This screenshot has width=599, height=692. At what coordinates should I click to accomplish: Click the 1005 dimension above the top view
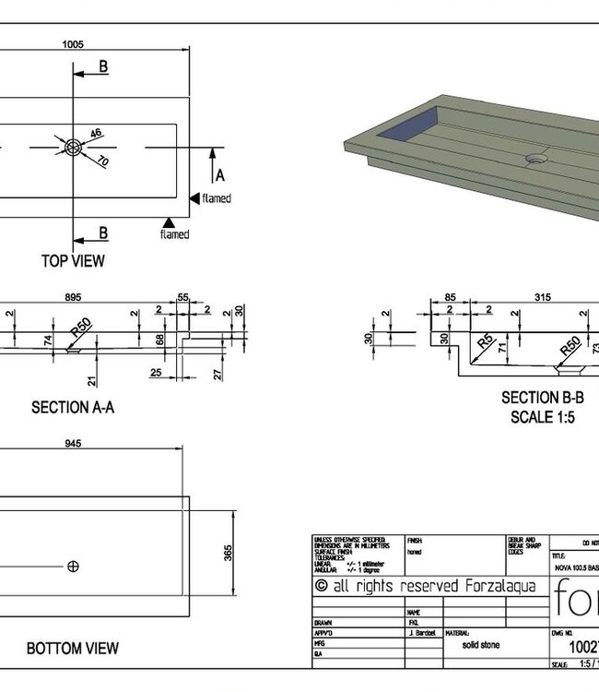tap(74, 43)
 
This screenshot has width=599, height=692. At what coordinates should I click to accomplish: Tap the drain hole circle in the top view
tap(74, 147)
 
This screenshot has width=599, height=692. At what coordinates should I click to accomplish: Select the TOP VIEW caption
tap(73, 261)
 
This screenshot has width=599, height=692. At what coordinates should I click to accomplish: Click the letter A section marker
tap(219, 175)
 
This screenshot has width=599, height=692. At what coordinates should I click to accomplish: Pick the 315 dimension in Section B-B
tap(543, 296)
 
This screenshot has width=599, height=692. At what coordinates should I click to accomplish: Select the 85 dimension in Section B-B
tap(450, 296)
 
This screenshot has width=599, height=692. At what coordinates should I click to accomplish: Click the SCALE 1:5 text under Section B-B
tap(542, 416)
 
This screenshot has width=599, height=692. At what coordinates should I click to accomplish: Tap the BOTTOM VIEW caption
tap(73, 649)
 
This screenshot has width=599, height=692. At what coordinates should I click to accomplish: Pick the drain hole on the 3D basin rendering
tap(535, 158)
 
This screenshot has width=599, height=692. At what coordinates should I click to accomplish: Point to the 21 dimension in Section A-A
tap(92, 380)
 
